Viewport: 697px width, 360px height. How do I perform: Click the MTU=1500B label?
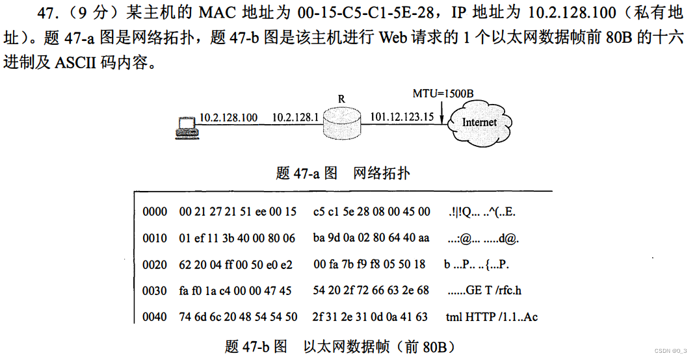pos(443,93)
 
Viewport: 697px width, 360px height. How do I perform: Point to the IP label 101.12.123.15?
pos(402,117)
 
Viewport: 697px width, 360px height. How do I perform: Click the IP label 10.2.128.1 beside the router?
pos(295,118)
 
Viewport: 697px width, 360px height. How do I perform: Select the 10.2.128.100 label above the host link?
pos(228,118)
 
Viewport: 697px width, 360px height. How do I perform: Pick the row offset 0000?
pos(155,212)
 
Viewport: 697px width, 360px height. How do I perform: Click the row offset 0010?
pos(155,238)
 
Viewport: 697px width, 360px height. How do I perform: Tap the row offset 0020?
pos(155,264)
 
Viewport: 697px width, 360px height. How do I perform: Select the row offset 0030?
pos(155,291)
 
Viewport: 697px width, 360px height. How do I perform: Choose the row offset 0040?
pos(155,317)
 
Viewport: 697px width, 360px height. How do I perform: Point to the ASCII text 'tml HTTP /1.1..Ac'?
pos(492,317)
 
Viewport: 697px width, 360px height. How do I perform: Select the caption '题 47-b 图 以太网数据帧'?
pos(339,346)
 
